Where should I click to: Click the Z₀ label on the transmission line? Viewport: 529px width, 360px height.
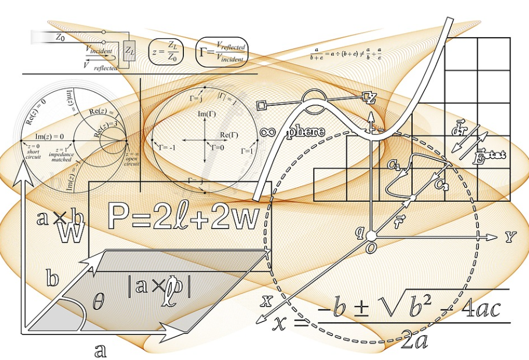pos(60,37)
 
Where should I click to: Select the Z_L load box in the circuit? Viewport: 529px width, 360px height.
pos(129,51)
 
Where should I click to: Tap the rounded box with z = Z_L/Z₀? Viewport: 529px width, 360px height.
pos(166,52)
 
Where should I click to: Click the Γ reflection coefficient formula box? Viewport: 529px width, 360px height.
pos(222,52)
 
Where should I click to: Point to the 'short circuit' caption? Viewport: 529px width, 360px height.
pos(33,152)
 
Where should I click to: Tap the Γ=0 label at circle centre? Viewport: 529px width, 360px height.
pos(216,148)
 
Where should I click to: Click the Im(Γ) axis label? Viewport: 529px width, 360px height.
pos(206,114)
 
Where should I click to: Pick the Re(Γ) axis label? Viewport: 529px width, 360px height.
pos(226,136)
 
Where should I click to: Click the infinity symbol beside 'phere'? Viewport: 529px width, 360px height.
pos(267,132)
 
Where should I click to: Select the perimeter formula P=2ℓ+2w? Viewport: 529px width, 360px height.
pos(182,217)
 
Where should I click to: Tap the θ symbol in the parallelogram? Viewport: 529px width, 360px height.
pos(99,300)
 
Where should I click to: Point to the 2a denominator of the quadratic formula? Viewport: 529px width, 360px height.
pos(414,340)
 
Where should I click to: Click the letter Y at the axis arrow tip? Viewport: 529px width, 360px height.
pos(510,236)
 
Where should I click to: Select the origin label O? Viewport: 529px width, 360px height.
pos(371,248)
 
